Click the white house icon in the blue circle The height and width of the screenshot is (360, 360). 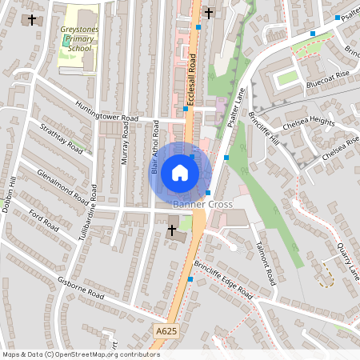(180, 173)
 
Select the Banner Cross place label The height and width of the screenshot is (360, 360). (203, 205)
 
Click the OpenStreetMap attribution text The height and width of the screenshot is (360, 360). (80, 354)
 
